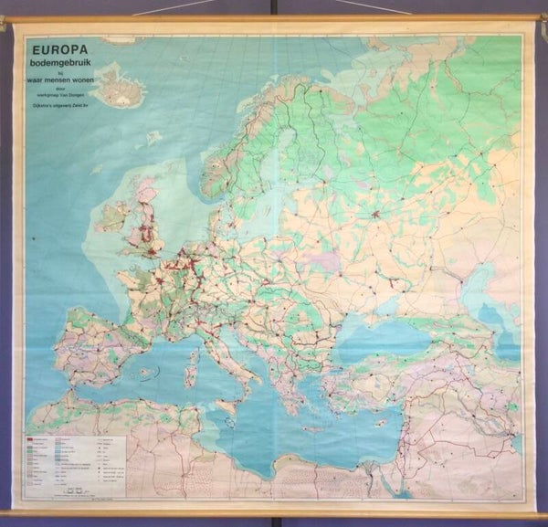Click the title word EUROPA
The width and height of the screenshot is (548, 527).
click(61, 41)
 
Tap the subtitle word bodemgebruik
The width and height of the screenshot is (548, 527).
click(66, 55)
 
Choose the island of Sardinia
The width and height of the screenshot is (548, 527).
click(194, 368)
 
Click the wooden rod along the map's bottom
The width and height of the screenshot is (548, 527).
click(274, 513)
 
